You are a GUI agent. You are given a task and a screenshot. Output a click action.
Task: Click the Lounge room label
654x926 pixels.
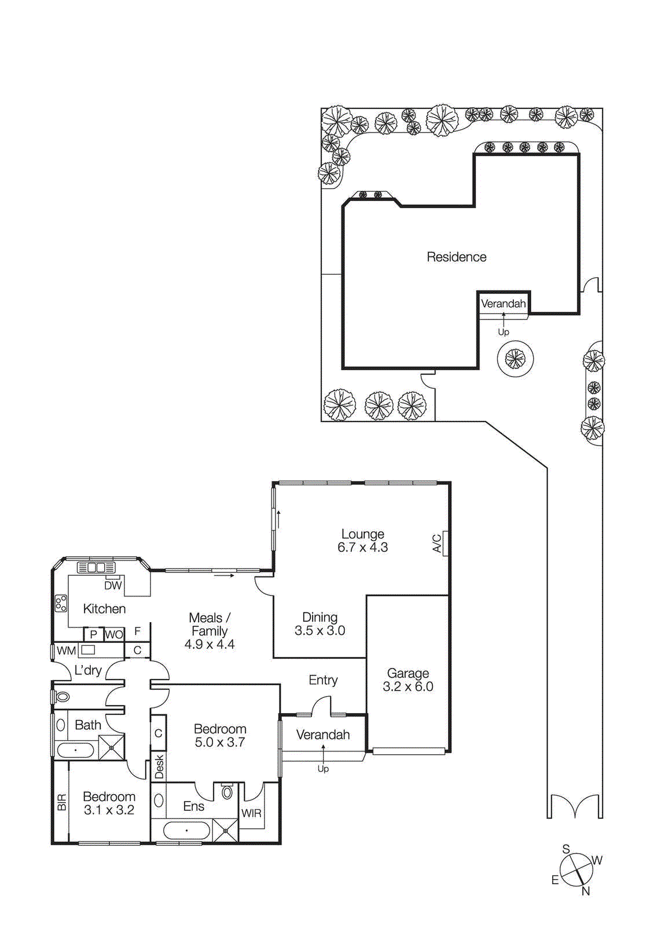362,534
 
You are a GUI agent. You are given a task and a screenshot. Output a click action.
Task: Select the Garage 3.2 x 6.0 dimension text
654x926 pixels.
407,686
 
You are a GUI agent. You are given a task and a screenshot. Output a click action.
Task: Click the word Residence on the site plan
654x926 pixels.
456,257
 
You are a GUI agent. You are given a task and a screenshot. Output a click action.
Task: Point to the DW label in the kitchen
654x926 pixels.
113,585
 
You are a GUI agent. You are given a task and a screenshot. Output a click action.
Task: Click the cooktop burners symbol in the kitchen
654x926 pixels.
61,603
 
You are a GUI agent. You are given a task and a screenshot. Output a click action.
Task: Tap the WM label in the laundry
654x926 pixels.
66,651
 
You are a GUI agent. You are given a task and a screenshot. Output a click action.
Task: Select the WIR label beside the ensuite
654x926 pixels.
251,813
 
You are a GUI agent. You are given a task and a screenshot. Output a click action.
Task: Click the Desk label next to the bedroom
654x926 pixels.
159,767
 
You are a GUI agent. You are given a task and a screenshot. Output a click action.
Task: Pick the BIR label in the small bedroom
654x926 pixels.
62,802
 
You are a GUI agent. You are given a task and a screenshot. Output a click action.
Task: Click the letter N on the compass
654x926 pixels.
586,891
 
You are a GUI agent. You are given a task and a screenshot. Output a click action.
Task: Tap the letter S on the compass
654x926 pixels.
566,849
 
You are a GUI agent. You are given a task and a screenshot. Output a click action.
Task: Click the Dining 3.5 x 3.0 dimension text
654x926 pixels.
319,631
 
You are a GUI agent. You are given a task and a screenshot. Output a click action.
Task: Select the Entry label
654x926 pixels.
323,680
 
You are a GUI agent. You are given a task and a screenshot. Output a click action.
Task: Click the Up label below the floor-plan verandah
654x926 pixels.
323,769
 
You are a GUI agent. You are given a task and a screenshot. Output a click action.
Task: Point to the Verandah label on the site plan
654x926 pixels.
503,303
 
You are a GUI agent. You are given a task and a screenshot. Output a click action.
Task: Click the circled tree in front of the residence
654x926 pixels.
515,359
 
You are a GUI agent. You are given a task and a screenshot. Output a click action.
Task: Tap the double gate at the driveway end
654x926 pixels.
575,806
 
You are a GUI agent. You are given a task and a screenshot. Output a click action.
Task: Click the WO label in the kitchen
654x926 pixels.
114,634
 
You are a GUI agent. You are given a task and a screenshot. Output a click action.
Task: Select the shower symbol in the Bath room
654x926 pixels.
111,747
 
